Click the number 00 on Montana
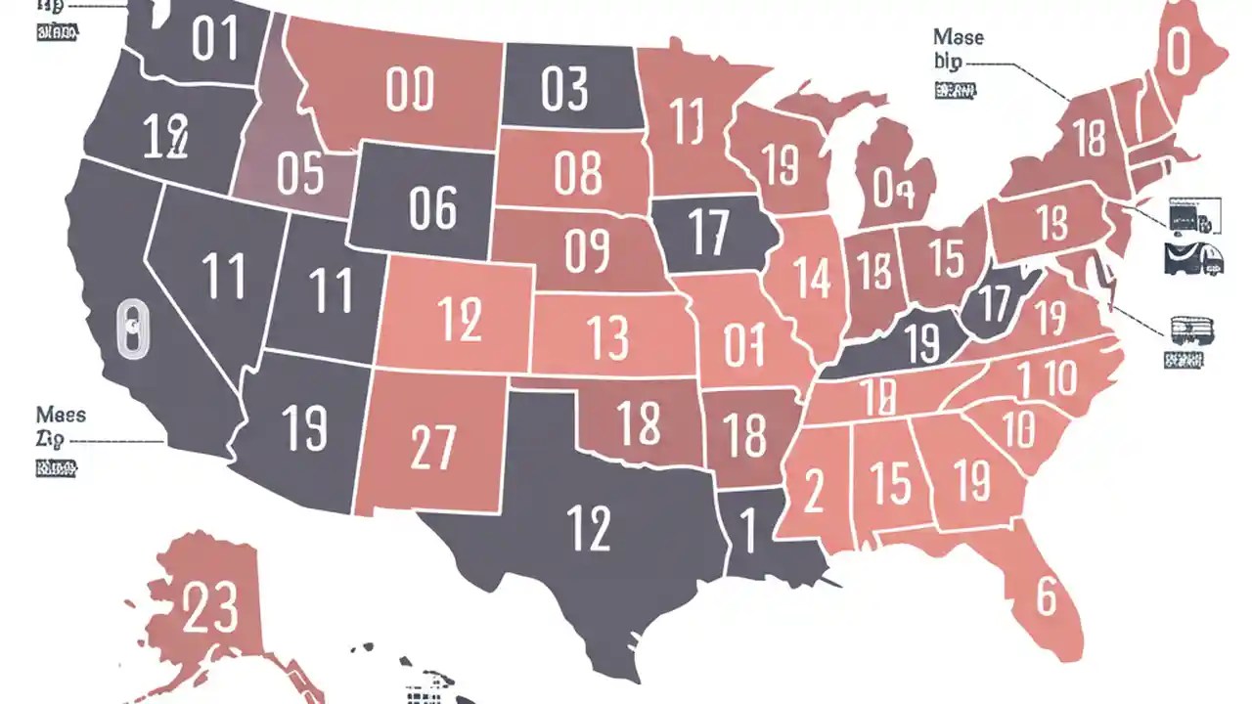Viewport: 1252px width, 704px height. pos(409,91)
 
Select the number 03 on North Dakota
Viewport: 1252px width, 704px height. pos(564,90)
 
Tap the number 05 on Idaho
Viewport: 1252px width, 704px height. pos(299,174)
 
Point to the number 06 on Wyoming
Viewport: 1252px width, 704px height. pos(433,207)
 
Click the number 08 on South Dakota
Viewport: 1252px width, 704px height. pos(577,173)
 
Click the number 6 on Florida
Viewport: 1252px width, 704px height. pos(1046,596)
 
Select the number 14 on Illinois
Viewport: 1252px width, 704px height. pos(813,277)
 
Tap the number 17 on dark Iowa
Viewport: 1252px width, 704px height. pos(706,230)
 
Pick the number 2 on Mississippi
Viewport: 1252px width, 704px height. pos(813,491)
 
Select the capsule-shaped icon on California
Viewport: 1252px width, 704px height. pos(129,330)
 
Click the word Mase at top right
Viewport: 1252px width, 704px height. pos(959,37)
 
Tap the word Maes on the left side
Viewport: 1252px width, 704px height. pos(61,415)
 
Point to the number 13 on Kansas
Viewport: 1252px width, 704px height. pos(608,337)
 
